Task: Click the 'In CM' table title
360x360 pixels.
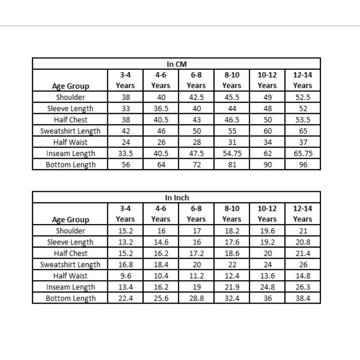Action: click(x=176, y=64)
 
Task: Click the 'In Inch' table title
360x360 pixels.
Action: click(x=176, y=198)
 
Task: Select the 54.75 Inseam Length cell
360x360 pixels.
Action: click(x=231, y=153)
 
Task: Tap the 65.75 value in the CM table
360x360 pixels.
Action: click(x=302, y=153)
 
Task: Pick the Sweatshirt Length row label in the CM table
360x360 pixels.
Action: click(x=70, y=131)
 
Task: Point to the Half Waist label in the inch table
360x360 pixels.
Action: click(x=70, y=276)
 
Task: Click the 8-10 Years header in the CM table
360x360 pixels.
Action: click(x=231, y=80)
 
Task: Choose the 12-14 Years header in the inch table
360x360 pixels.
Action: click(x=302, y=214)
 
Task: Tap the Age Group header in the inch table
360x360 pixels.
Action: click(x=70, y=220)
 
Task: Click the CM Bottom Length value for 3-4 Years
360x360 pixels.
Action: click(x=125, y=165)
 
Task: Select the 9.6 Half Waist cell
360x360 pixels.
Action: click(x=125, y=276)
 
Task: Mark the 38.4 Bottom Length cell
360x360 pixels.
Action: click(x=302, y=298)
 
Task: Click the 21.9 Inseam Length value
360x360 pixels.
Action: click(x=231, y=287)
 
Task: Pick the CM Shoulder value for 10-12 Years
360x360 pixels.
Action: click(x=267, y=97)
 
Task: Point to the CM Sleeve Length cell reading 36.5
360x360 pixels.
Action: click(x=161, y=108)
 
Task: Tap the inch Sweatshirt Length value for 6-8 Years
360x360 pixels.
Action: click(x=196, y=265)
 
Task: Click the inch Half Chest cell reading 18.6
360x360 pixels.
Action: click(x=231, y=253)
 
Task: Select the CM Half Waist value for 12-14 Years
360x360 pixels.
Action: click(x=302, y=142)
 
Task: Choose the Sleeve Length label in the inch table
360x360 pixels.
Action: click(x=70, y=242)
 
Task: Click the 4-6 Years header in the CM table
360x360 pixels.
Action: click(x=161, y=80)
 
